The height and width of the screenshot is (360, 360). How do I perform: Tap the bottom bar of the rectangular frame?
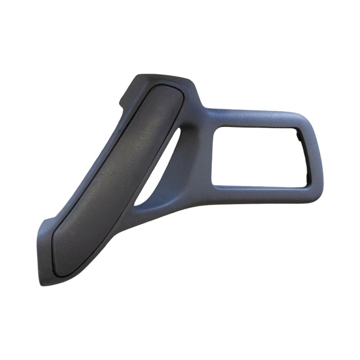pos(257,194)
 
